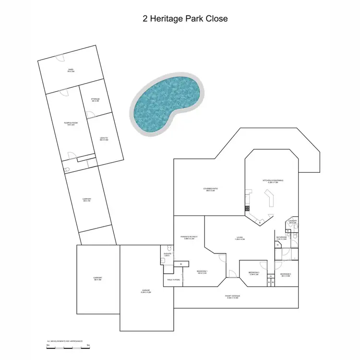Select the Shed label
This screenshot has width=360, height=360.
pos(71,71)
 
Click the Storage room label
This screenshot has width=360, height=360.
pos(95,100)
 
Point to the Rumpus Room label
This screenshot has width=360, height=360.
pos(71,124)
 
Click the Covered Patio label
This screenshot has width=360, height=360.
pos(210,190)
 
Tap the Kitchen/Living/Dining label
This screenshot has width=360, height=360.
pos(273,181)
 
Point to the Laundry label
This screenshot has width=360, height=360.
pos(293,222)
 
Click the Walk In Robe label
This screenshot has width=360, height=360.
pos(174,280)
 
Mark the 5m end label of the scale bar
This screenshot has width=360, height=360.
pos(88,345)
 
